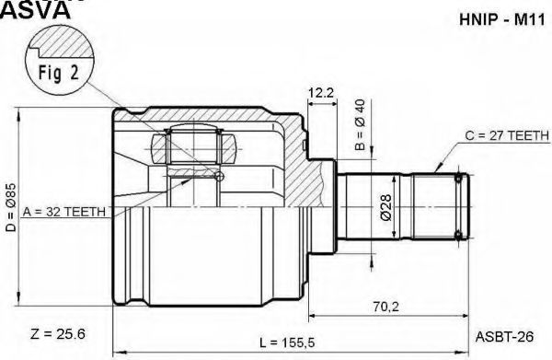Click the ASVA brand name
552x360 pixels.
(35, 10)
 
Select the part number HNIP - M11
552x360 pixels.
(502, 19)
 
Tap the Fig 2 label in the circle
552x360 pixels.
(59, 73)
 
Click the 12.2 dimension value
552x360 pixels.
(320, 93)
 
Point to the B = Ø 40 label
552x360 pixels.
(360, 124)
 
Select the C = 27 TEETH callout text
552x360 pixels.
(507, 135)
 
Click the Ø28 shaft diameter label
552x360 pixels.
(385, 207)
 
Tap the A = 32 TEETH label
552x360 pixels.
(64, 212)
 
